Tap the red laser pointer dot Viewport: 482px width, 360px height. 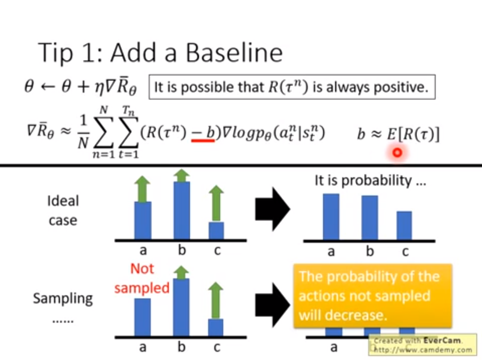[397, 153]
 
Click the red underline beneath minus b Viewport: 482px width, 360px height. [203, 141]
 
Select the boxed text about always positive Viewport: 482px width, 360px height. [292, 87]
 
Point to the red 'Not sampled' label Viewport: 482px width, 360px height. [142, 278]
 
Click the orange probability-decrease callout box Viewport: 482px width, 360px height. [373, 296]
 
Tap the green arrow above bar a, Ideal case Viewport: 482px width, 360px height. [142, 189]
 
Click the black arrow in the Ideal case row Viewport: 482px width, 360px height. [273, 209]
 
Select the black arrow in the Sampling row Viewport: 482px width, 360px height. [273, 305]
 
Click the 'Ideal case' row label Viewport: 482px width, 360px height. [63, 210]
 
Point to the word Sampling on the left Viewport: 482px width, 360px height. [63, 299]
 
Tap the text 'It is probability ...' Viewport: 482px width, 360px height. [371, 181]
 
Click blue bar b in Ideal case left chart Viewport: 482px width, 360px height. [182, 210]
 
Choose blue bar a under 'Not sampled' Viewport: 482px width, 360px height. [142, 317]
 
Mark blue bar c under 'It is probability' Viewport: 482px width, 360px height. [404, 226]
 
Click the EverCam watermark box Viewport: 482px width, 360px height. [423, 345]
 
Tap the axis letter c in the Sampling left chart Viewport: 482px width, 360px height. [217, 348]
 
